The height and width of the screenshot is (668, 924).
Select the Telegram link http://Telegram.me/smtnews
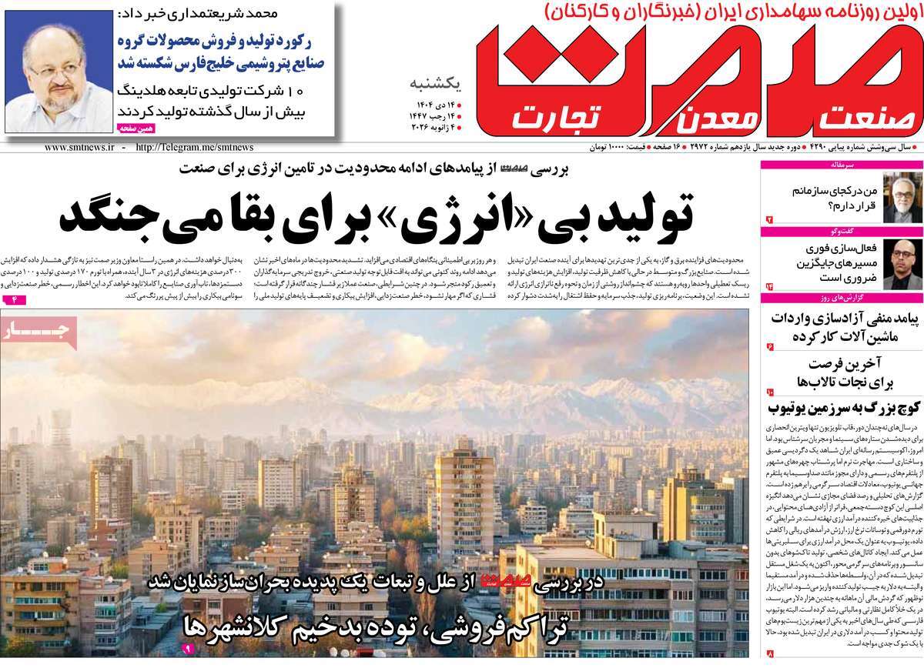point(193,147)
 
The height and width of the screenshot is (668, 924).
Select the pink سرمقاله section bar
point(841,165)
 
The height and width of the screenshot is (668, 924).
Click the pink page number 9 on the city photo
point(186,650)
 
